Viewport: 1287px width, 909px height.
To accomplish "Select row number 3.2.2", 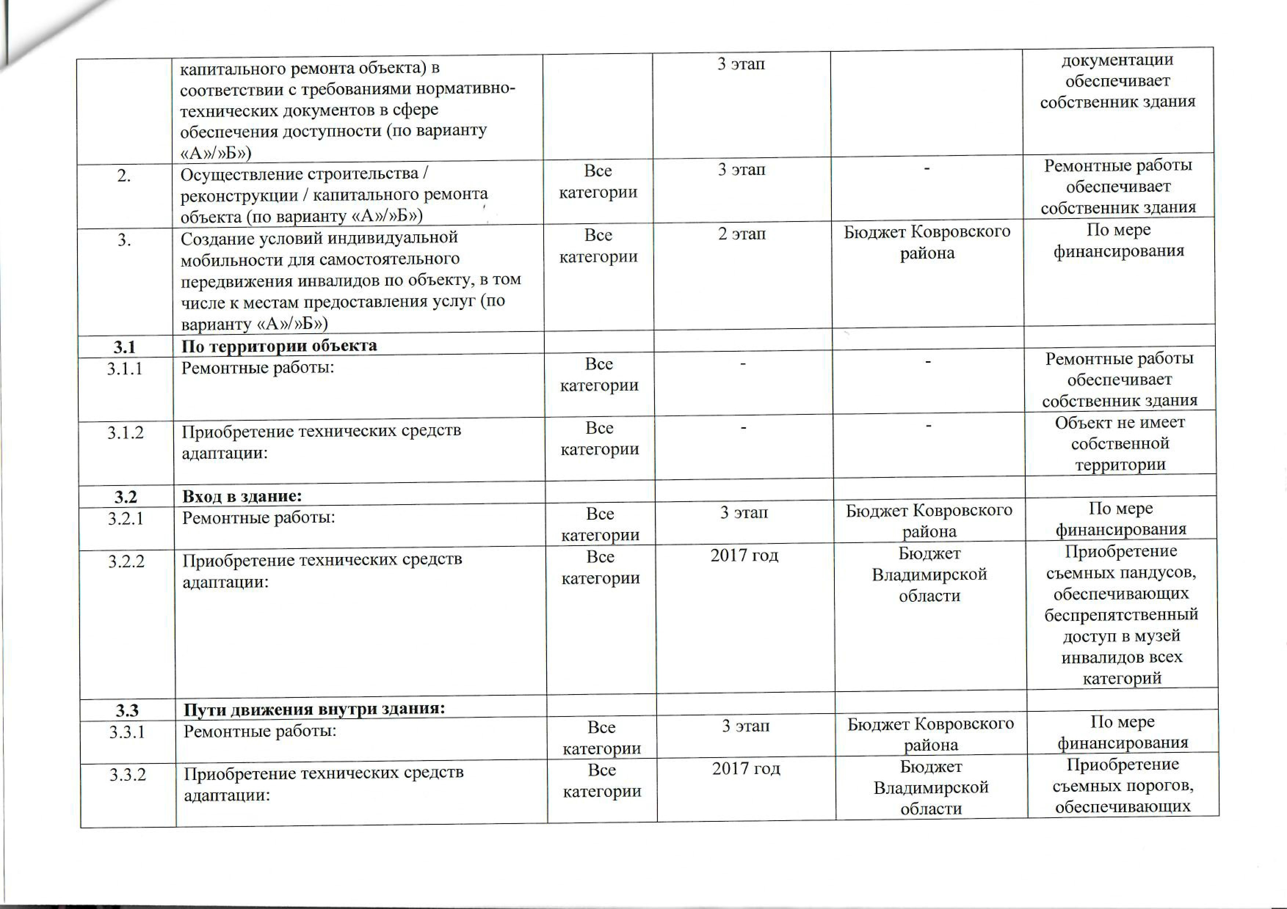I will point(126,561).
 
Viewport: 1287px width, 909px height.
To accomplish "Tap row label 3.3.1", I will point(127,732).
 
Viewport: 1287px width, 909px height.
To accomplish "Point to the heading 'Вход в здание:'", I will point(242,496).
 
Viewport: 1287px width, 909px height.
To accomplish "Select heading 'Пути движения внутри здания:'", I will point(314,710).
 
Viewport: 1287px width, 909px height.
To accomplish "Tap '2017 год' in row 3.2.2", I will point(744,556).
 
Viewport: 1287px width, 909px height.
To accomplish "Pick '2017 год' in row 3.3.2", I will point(746,769).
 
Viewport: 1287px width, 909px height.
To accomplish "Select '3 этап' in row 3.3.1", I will point(746,726).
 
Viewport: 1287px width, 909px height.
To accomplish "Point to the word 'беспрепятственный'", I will point(1121,615).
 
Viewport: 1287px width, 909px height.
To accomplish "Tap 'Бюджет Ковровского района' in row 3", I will point(927,242).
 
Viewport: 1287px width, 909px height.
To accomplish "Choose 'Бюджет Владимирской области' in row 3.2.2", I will point(929,575).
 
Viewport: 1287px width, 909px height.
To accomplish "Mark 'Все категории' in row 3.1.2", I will point(600,439).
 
